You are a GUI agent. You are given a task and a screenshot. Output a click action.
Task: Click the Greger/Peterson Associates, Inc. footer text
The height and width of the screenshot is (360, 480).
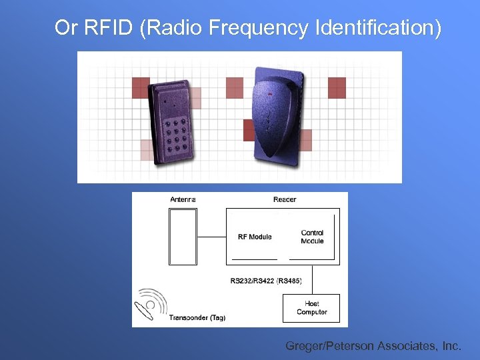(373, 346)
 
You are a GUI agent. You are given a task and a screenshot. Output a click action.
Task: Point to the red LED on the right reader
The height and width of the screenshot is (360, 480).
(270, 94)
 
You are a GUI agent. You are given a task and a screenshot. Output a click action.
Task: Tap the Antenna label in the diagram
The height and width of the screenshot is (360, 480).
(183, 199)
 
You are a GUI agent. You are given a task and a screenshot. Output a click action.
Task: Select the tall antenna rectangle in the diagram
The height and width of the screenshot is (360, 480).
(183, 237)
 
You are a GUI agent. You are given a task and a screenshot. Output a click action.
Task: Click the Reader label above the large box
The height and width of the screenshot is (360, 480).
(285, 199)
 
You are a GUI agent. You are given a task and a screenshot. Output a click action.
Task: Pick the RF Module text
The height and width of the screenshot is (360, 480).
(255, 237)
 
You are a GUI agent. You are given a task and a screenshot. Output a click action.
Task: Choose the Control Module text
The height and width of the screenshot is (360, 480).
(312, 237)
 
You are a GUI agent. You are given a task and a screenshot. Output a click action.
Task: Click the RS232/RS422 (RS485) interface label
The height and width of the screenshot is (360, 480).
(266, 281)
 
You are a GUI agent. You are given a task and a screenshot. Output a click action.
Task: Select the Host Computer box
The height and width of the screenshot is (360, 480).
(311, 308)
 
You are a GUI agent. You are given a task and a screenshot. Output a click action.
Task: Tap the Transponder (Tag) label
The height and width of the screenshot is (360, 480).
(197, 317)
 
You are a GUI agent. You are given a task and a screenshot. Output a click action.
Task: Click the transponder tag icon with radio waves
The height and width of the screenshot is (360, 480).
(151, 304)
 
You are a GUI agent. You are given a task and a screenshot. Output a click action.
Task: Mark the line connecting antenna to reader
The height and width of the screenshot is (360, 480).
(211, 236)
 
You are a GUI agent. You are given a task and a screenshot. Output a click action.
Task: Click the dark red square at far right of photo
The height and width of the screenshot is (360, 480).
(337, 87)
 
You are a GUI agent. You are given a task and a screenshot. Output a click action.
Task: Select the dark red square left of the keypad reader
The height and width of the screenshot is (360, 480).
(141, 87)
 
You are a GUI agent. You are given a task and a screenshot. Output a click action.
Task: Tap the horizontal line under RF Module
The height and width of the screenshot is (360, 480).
(254, 259)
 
